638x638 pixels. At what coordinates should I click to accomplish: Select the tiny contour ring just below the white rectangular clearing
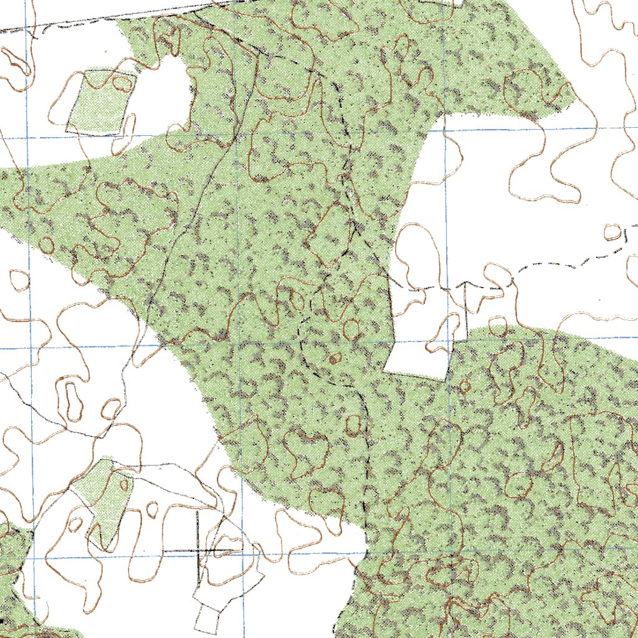click(464, 386)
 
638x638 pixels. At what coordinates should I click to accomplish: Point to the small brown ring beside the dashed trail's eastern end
click(613, 232)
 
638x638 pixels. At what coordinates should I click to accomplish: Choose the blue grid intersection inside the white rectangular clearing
click(446, 341)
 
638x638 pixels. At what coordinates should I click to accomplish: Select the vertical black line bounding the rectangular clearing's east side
click(466, 312)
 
